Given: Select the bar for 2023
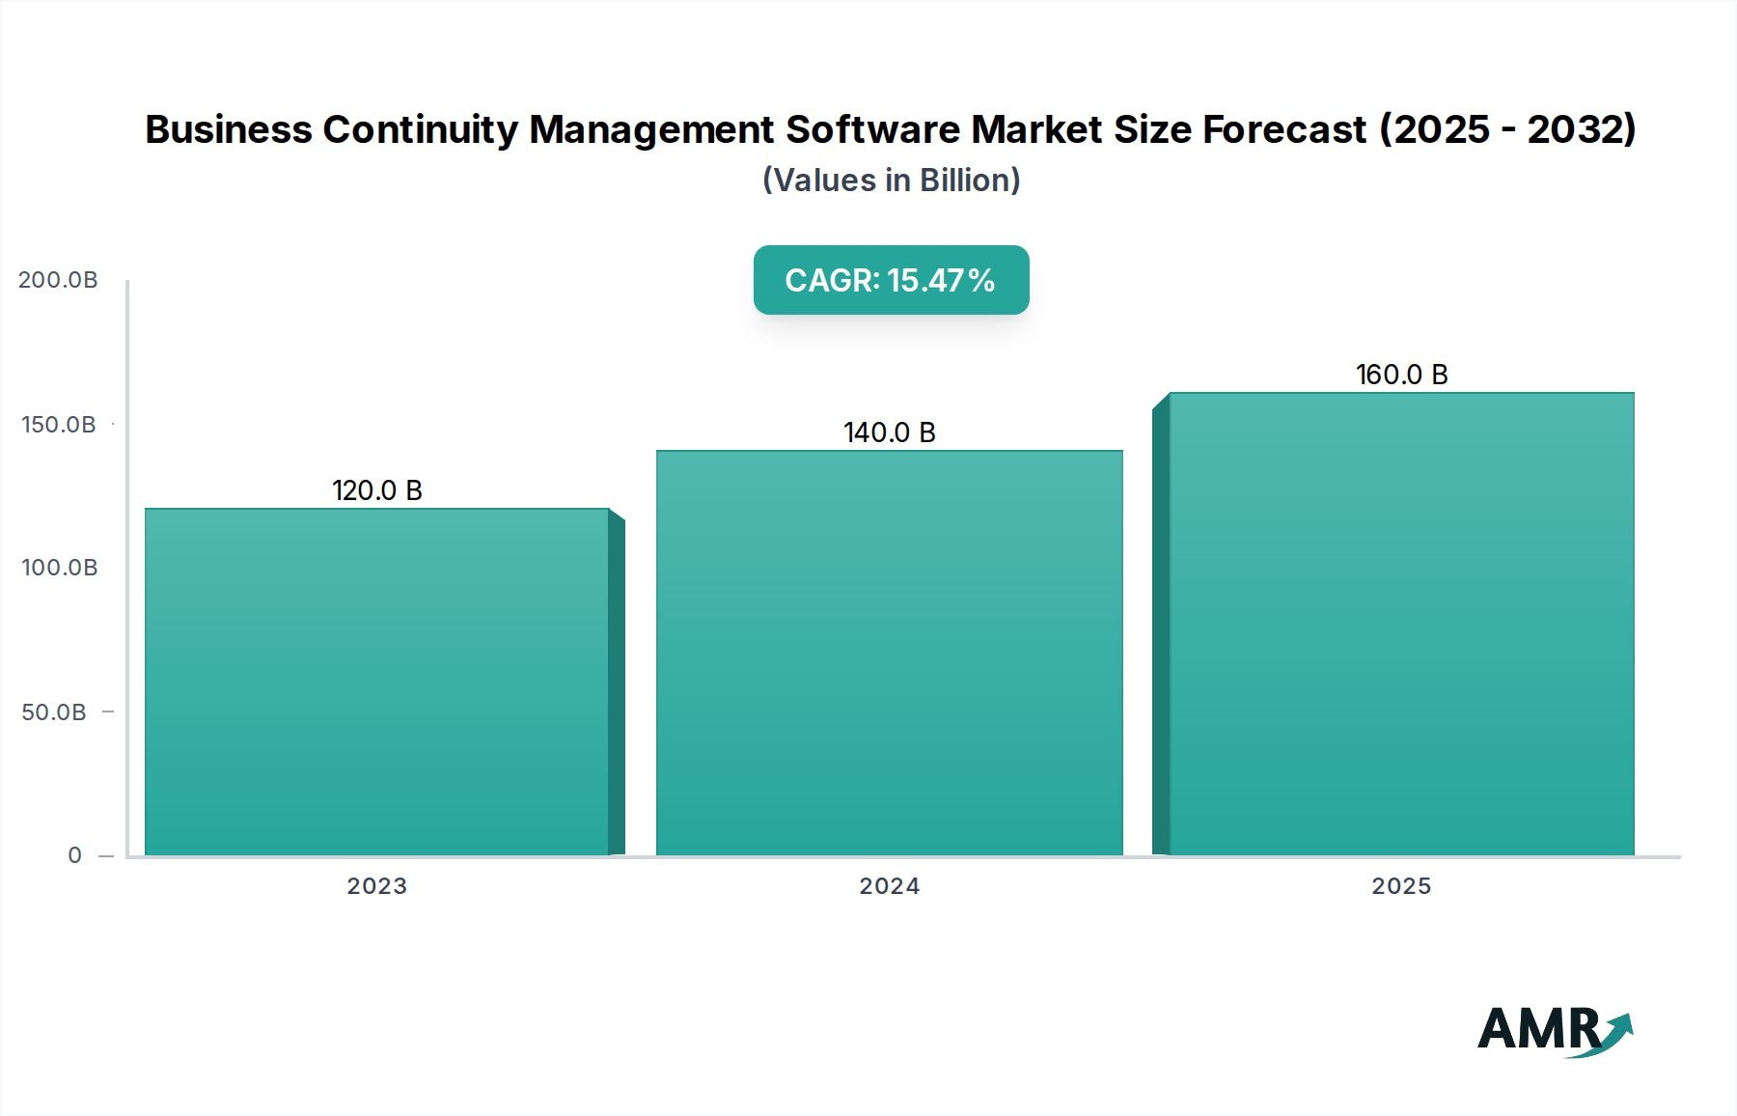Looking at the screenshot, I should point(376,681).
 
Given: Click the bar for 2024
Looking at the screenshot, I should point(889,653).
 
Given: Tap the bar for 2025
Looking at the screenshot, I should point(1401,624).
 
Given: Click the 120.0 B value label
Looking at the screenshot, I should point(377,490).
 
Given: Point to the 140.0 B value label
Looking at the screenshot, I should point(889,432).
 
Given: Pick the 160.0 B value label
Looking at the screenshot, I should point(1401,375).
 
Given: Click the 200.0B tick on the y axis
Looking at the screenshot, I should point(58,280).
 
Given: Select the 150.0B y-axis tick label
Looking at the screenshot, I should point(58,425).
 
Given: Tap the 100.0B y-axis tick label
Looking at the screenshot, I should point(59,568).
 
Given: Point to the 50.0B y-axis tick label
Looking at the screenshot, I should point(54,712).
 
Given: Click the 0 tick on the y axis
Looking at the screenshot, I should point(74,855).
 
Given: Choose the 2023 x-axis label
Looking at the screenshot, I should point(376,886).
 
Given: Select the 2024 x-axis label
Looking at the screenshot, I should point(889,886).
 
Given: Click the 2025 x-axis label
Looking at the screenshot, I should point(1401,886).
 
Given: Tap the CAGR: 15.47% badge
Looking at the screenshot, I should point(891,280).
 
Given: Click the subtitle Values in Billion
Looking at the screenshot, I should point(891,181).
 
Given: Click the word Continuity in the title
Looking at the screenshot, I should point(420,129).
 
